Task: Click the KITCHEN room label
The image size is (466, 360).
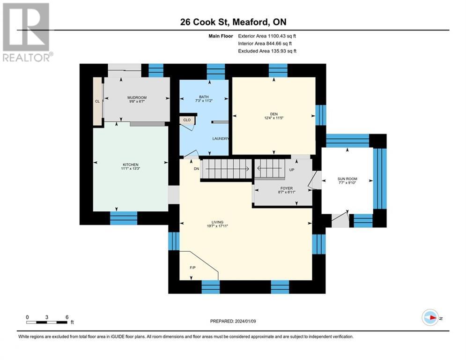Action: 130,165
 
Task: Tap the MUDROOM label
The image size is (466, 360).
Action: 137,97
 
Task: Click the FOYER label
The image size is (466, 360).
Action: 286,188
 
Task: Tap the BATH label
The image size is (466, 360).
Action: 203,97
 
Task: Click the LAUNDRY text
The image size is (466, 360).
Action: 220,139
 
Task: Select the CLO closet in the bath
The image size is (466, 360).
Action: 187,120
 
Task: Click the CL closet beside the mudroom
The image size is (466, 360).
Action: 97,101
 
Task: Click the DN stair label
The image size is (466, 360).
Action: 197,169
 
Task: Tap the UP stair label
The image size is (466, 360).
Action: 291,170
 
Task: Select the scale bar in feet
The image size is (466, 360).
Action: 47,320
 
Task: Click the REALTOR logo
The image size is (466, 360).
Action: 27,32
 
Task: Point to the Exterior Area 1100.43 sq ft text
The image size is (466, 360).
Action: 267,36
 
